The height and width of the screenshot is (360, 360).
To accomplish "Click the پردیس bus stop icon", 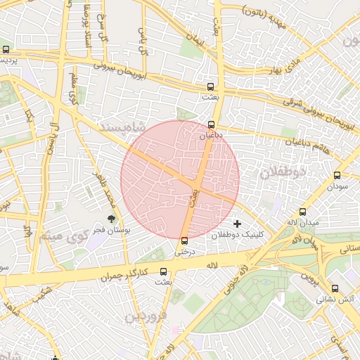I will click(6, 50).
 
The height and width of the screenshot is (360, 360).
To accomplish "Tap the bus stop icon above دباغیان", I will click(212, 124).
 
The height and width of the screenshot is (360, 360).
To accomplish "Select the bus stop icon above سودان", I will click(337, 176).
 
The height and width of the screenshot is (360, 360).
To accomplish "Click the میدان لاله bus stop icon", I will click(303, 212).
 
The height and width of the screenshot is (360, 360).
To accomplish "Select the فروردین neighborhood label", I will click(147, 316).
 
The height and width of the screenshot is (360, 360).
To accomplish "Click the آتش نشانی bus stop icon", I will click(335, 288).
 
